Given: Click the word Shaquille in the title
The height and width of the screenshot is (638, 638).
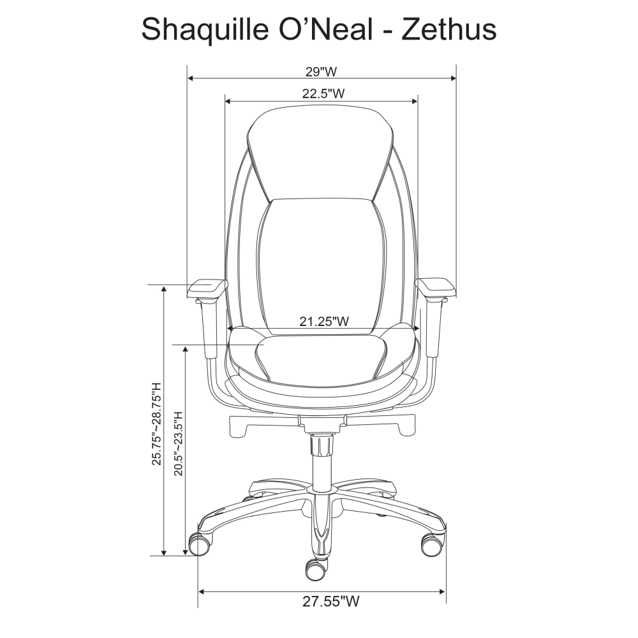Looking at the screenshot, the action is tap(205, 30).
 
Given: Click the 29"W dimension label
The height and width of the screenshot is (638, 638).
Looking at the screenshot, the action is tap(322, 71).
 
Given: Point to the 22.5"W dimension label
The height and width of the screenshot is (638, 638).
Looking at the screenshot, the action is tap(323, 94).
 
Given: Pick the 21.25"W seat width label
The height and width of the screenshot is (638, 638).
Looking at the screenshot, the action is tap(324, 322).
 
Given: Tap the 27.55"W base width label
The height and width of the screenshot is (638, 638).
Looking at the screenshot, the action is tap(330, 601).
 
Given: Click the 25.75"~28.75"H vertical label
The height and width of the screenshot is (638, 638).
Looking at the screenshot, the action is tap(157, 424).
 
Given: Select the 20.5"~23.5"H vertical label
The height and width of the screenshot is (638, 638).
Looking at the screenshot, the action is tap(179, 443).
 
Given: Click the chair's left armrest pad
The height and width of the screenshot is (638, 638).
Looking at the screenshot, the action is tap(207, 288).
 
